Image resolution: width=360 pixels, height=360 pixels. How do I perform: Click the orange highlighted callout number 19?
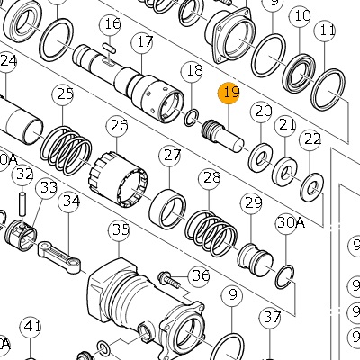point(229,93)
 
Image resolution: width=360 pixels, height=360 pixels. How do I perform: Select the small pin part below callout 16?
point(109,48)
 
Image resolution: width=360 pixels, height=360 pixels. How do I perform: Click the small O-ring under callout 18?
point(192,118)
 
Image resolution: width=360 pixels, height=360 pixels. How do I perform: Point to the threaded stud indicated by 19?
point(224,137)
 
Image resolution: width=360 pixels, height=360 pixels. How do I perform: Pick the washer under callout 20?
point(261,157)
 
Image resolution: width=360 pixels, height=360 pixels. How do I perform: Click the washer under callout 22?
point(312,187)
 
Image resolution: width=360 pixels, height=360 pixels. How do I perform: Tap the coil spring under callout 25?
point(67,151)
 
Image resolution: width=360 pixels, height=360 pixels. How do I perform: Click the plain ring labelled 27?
point(167,209)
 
